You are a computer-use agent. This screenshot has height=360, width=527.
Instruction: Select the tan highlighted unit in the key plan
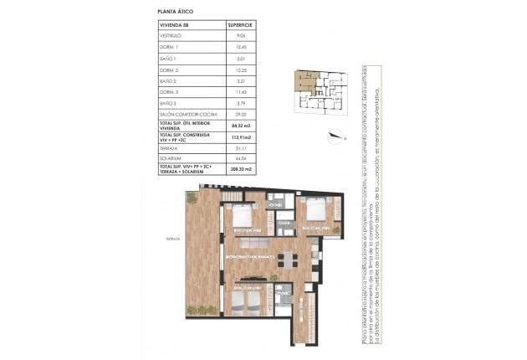(299, 82)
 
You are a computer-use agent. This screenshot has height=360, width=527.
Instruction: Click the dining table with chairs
(288, 257)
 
